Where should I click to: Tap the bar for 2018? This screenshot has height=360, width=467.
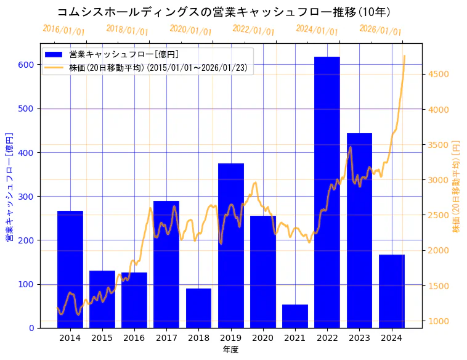(x=198, y=308)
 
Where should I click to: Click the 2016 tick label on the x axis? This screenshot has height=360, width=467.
(x=134, y=338)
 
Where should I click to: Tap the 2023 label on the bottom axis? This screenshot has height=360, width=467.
(x=359, y=338)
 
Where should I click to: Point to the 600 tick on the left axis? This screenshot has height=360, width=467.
(x=28, y=65)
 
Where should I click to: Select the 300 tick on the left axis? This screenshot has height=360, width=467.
(x=28, y=197)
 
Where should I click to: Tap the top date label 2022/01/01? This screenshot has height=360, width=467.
(x=253, y=30)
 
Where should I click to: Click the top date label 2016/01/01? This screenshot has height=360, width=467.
(x=63, y=30)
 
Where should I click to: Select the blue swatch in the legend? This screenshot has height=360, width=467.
(x=54, y=55)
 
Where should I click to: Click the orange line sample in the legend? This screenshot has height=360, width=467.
(x=54, y=68)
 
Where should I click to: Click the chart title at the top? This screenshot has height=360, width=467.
(x=223, y=12)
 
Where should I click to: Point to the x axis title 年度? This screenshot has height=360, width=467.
(x=230, y=350)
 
